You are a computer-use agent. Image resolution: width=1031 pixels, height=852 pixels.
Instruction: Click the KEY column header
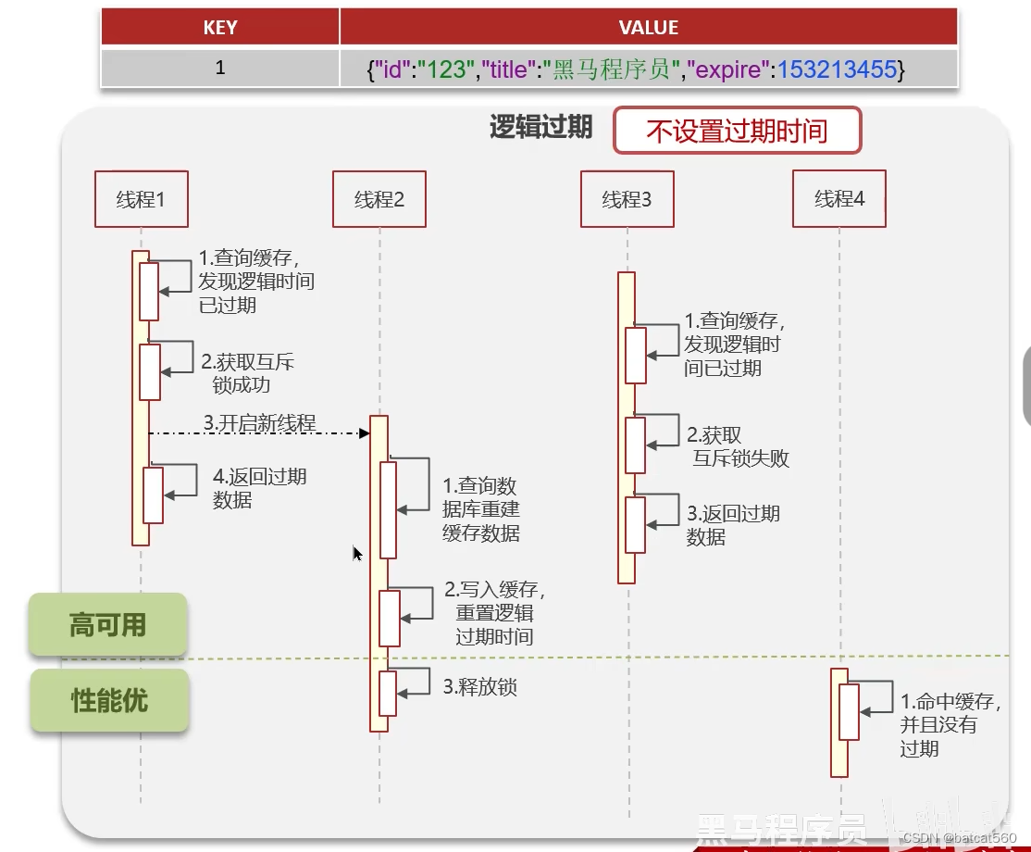pos(220,28)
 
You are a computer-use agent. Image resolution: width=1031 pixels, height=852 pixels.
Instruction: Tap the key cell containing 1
pos(220,68)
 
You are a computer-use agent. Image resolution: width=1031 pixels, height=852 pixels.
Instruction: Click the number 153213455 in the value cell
pos(837,69)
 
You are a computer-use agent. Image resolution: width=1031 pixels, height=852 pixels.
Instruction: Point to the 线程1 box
pos(142,199)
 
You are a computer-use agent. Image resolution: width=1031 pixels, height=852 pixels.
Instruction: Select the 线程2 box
pos(379,199)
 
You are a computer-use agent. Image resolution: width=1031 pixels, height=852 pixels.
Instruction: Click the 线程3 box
pos(627,199)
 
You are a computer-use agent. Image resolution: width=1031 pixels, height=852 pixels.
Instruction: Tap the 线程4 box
pos(839,198)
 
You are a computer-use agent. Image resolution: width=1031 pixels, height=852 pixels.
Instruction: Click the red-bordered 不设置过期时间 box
pos(737,131)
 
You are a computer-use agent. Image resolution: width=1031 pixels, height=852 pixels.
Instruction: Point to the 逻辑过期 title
pos(540,128)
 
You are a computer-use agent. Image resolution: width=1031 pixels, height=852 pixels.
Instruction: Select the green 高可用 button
pos(108,625)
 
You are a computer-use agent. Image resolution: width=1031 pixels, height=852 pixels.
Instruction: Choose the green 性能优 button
pos(109,701)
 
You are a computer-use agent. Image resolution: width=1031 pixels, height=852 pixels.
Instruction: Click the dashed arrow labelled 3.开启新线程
pos(259,432)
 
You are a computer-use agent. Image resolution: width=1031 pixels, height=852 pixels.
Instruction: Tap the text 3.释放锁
pos(479,687)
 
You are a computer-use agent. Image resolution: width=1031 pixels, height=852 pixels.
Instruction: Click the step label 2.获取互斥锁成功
pos(247,372)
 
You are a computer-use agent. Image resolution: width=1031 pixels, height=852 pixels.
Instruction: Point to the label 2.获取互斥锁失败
pos(739,446)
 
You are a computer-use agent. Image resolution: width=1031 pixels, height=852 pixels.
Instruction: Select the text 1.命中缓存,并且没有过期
pos(949,724)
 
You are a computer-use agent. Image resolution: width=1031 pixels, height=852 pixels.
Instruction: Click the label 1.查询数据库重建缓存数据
pos(480,509)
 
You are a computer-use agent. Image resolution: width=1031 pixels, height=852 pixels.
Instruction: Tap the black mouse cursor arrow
pos(357,554)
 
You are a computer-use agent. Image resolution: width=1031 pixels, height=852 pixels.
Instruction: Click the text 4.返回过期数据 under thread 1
pos(259,488)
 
